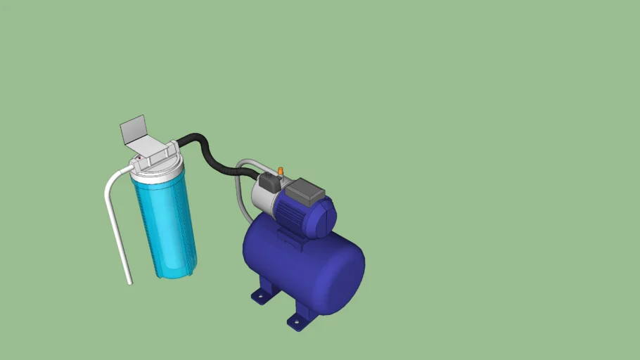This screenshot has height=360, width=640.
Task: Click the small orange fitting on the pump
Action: [280, 170]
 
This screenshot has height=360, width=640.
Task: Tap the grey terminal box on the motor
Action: [307, 191]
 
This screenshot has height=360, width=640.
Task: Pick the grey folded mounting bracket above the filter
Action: [134, 131]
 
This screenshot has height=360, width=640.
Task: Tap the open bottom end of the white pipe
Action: [130, 283]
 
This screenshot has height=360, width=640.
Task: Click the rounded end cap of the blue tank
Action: [345, 271]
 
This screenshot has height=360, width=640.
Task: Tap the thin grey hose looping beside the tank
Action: [241, 190]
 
